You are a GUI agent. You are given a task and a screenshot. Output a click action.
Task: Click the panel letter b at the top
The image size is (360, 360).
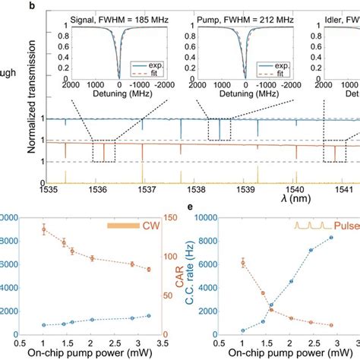(50, 5)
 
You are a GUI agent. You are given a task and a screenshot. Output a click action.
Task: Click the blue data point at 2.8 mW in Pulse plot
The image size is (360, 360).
(330, 238)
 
